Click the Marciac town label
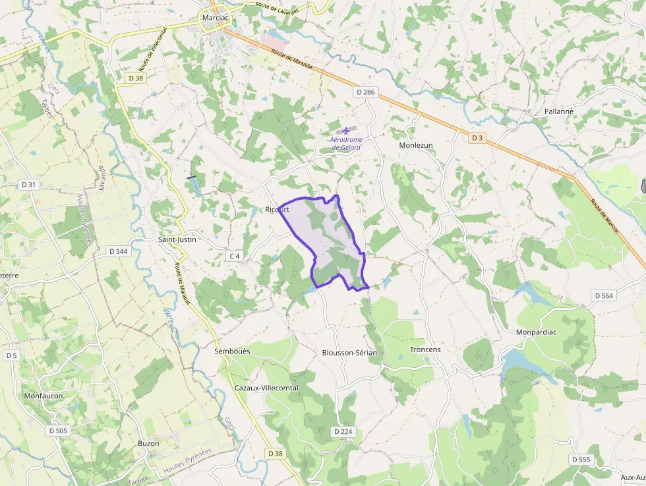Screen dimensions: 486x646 tap(216, 18)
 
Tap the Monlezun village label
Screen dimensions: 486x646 tap(416, 145)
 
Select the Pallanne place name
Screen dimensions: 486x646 tap(559, 111)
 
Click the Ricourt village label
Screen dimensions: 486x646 tap(277, 210)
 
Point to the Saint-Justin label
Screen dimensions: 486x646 tap(177, 239)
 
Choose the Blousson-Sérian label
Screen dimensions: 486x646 tap(349, 353)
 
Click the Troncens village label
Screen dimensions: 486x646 tap(425, 349)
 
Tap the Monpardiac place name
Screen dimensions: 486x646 tap(537, 332)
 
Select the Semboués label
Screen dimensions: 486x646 tap(232, 351)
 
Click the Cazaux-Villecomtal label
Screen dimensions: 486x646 tap(266, 388)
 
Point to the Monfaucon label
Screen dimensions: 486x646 tap(44, 396)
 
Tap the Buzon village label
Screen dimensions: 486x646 tap(148, 444)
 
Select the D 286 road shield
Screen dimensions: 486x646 tap(364, 92)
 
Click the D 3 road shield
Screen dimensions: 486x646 tap(477, 138)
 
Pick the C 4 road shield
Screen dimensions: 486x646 tap(235, 256)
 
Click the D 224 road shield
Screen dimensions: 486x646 tap(343, 431)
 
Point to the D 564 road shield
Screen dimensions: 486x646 tap(604, 296)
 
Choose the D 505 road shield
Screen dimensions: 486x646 tap(58, 431)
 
